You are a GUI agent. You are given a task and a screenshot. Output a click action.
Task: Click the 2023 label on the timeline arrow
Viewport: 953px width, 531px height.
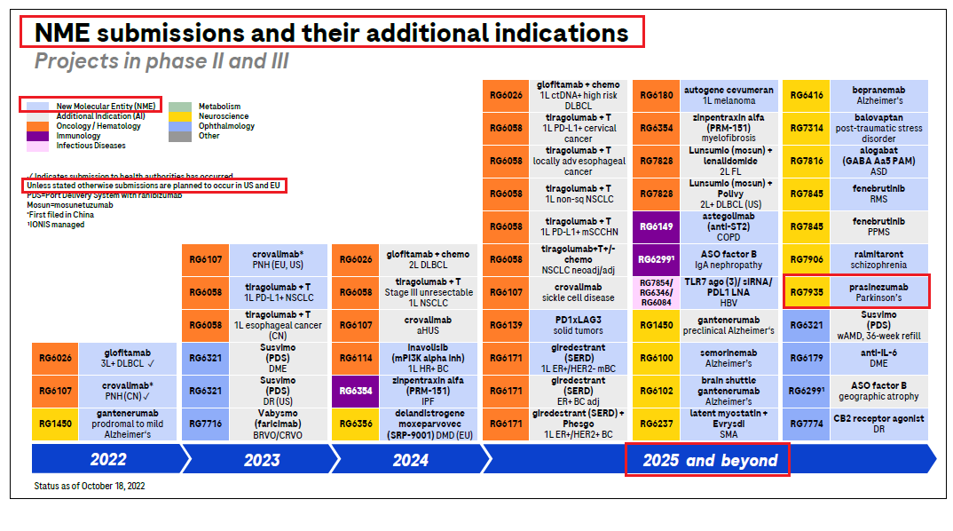pos(262,459)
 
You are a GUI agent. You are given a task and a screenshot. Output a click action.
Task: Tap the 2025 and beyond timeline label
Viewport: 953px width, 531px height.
pos(709,459)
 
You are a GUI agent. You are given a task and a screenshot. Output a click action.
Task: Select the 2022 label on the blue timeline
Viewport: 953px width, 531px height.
pos(108,459)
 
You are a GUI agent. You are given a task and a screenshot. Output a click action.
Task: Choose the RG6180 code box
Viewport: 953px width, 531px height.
pos(657,96)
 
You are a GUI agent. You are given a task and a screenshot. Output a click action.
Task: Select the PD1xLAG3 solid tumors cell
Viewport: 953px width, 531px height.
pos(578,325)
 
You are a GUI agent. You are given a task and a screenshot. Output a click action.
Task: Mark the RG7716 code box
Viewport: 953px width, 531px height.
pos(206,424)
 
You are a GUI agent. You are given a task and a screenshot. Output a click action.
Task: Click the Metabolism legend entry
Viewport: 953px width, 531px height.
pos(218,107)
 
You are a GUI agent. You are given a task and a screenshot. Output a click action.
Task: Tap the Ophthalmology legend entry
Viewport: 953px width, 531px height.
pos(226,126)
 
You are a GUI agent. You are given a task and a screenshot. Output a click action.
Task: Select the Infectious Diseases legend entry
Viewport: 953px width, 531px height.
pos(91,146)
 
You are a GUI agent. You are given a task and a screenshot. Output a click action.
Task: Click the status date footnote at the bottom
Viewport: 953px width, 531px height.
pos(89,486)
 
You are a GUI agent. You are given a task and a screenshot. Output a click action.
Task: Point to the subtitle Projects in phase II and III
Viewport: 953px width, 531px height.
pos(161,61)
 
